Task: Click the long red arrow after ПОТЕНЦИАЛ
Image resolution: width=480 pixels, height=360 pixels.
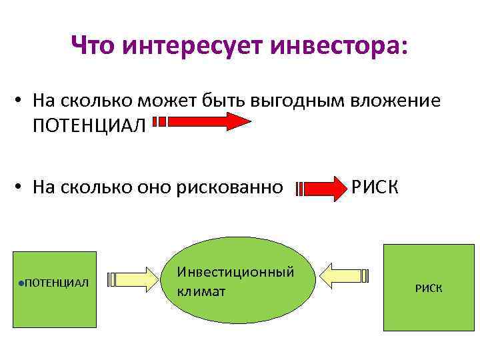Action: tap(203, 122)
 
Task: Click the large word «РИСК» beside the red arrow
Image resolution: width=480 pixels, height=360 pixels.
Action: tap(375, 187)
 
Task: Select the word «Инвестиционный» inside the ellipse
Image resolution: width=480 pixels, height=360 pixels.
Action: tap(235, 273)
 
